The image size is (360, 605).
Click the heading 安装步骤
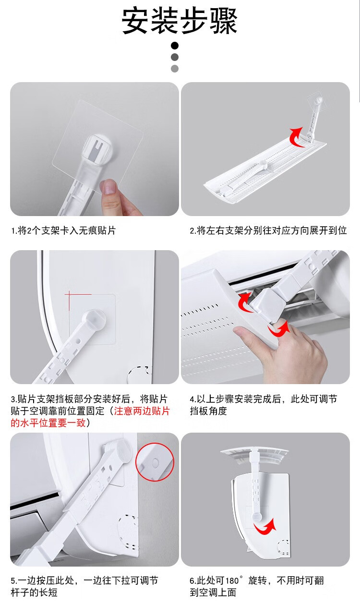pyautogui.click(x=180, y=21)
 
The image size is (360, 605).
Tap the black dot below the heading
pyautogui.click(x=175, y=46)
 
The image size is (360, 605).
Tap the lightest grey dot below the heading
pyautogui.click(x=175, y=69)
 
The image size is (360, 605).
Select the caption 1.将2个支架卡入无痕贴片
pyautogui.click(x=64, y=230)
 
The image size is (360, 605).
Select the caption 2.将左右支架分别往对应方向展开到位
pyautogui.click(x=268, y=230)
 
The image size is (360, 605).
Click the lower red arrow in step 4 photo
pyautogui.click(x=279, y=329)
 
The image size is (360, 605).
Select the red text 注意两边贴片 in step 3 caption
pyautogui.click(x=142, y=411)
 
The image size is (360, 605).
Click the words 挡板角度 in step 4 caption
pyautogui.click(x=208, y=411)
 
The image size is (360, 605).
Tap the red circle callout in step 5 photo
pyautogui.click(x=155, y=462)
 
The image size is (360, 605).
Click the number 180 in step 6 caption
pyautogui.click(x=232, y=581)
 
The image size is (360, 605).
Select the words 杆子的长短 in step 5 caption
pyautogui.click(x=34, y=593)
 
